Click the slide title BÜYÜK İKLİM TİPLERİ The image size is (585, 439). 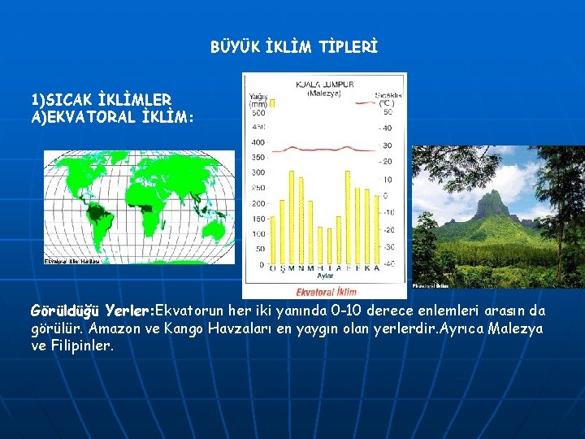click(293, 48)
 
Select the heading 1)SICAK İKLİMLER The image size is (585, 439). click(101, 101)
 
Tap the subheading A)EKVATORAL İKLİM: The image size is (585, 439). click(112, 117)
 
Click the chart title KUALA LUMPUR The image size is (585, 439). click(325, 84)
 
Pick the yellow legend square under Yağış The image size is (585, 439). click(273, 103)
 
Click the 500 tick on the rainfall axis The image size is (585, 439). click(258, 111)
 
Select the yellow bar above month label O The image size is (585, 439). click(283, 232)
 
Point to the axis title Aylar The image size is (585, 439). click(325, 277)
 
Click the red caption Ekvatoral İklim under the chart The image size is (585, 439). click(325, 291)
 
